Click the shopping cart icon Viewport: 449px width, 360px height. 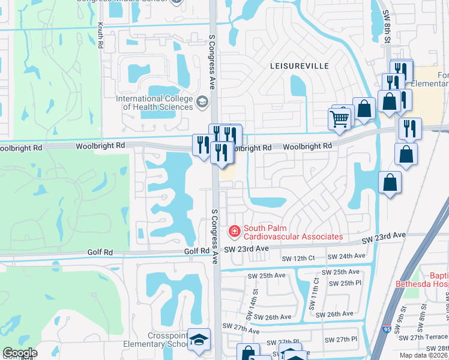click(x=340, y=119)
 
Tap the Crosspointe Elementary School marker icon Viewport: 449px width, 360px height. click(x=199, y=340)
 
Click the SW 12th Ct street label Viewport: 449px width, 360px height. click(x=298, y=258)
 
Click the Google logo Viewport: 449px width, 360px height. click(x=20, y=353)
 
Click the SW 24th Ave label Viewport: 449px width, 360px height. click(x=349, y=256)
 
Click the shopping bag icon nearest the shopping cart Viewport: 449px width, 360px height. click(x=364, y=108)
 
